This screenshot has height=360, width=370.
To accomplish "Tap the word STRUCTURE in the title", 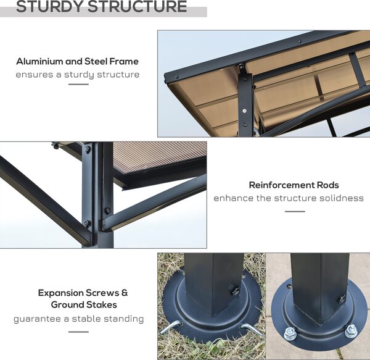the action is click(138, 6).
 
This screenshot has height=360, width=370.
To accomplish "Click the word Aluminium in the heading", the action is click(39, 61).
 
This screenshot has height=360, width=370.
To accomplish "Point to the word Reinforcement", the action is click(282, 185).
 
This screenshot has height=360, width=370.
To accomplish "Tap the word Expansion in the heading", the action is click(60, 293).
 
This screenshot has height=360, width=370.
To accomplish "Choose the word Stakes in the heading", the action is click(104, 304).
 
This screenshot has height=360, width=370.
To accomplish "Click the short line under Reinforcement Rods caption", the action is click(295, 211).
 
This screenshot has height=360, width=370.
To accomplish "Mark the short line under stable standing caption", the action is click(78, 332).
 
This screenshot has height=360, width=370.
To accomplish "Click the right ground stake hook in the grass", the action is click(250, 329).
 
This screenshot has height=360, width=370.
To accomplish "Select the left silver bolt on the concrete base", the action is click(290, 333).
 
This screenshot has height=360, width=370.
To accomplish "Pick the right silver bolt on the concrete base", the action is click(351, 331).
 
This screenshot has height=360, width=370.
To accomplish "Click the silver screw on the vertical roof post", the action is click(244, 111).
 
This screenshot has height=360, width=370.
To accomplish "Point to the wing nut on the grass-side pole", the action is click(234, 291).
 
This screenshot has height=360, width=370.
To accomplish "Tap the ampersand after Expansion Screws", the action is click(125, 293).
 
